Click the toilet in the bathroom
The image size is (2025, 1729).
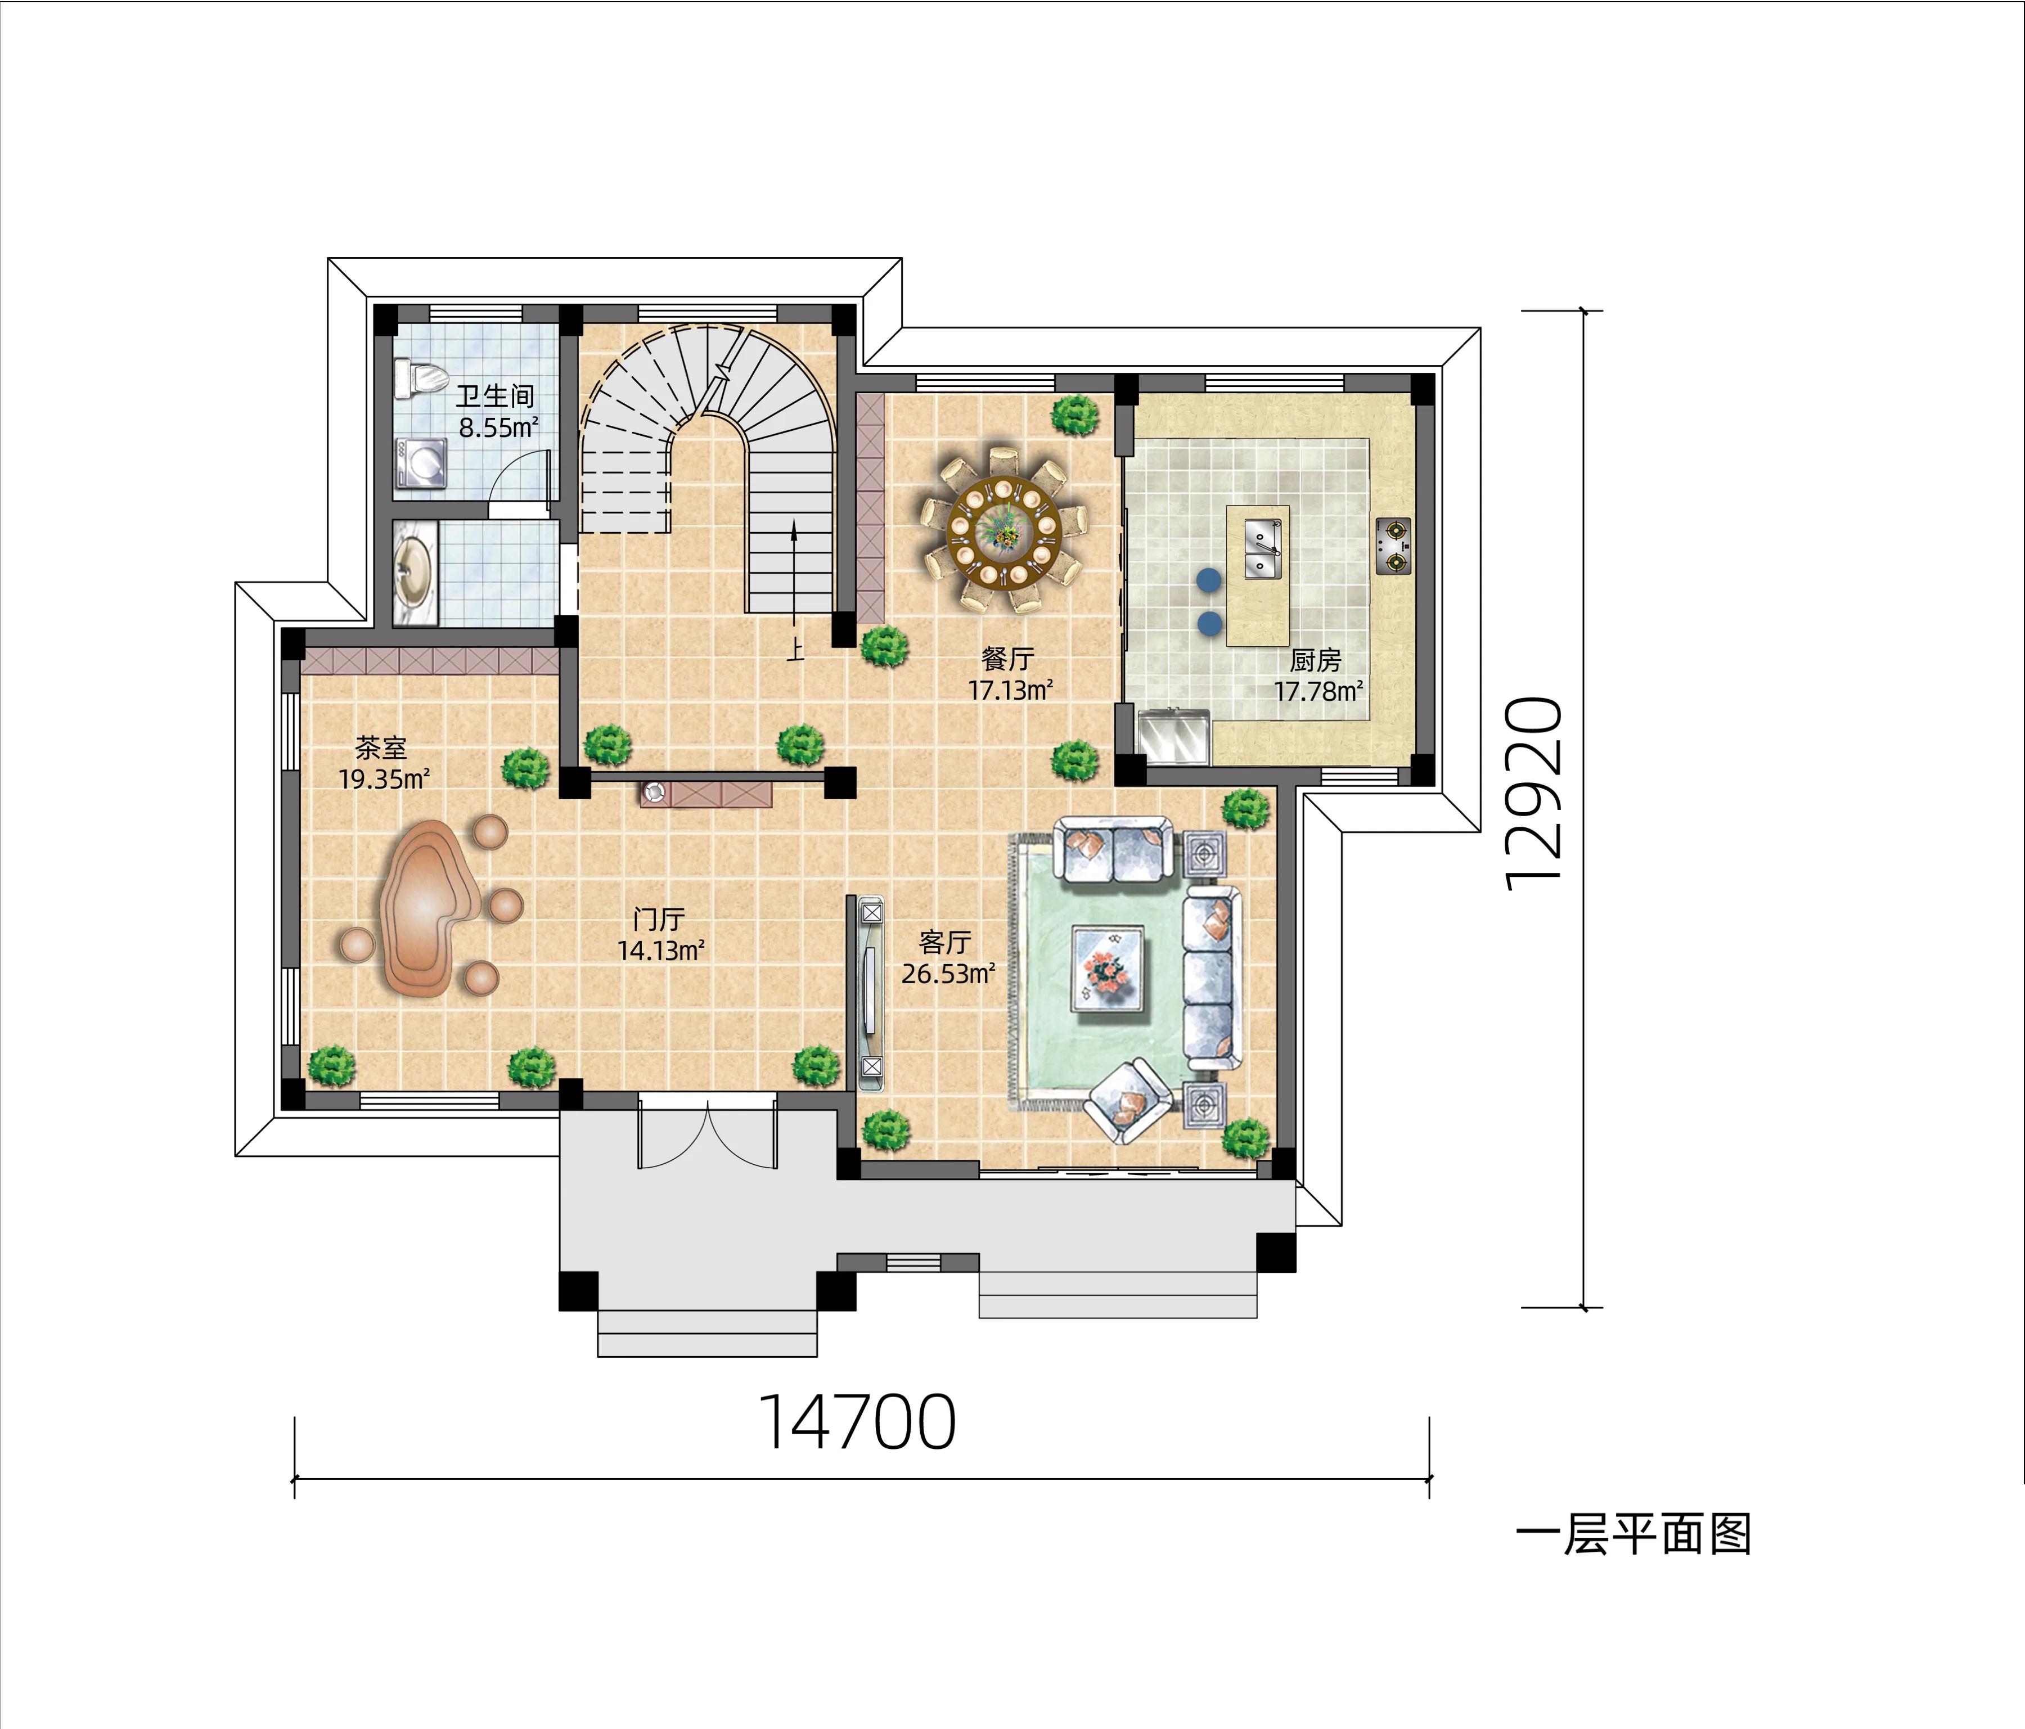419,378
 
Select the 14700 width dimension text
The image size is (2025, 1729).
857,1423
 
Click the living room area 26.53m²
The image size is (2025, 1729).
948,974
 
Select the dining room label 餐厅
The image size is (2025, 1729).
1007,659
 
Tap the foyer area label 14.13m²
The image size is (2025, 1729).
661,950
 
